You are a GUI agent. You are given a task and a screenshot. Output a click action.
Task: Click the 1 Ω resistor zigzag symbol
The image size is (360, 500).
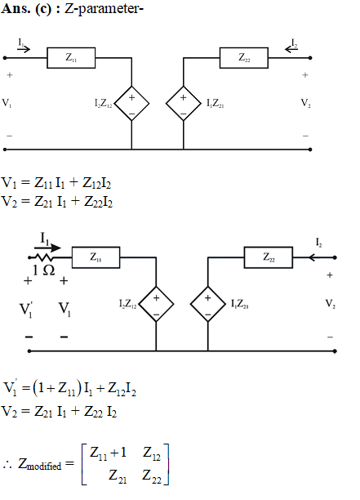tap(44, 257)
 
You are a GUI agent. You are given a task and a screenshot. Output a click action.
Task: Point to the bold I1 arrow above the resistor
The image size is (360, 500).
tap(47, 248)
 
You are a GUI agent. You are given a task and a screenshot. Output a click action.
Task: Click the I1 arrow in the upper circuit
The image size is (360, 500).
tap(24, 49)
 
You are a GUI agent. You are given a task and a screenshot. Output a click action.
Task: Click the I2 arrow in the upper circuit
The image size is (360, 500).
tap(291, 49)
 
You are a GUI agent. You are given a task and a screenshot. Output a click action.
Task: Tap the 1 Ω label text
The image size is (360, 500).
tap(43, 270)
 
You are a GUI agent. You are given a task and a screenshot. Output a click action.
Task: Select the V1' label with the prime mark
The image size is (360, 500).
tap(26, 310)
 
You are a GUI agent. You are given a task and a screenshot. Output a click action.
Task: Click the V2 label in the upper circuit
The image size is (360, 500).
tap(306, 103)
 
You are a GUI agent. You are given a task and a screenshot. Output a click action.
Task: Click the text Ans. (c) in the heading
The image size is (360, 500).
tap(26, 9)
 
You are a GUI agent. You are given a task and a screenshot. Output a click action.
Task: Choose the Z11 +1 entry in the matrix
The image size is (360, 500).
tap(108, 453)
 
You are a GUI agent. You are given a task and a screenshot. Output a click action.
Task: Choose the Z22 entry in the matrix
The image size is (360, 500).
tap(152, 475)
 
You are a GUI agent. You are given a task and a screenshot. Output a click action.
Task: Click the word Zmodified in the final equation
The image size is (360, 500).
tap(39, 464)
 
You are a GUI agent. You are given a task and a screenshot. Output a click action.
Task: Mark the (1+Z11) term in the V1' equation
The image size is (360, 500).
tap(57, 389)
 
